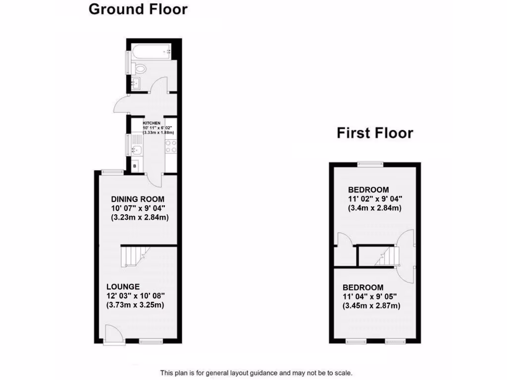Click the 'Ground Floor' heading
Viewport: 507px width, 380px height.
coord(138,9)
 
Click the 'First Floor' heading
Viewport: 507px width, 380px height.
coord(375,133)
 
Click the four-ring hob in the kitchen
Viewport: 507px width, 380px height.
coord(171,146)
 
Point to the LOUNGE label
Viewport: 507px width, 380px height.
coord(123,286)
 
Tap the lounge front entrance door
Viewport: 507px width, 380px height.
coord(112,334)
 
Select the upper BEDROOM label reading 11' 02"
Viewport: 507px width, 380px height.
coord(368,190)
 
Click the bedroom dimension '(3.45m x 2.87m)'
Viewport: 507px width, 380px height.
coord(372,306)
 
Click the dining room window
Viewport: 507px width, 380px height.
coord(113,172)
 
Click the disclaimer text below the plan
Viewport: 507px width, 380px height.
coord(255,373)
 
